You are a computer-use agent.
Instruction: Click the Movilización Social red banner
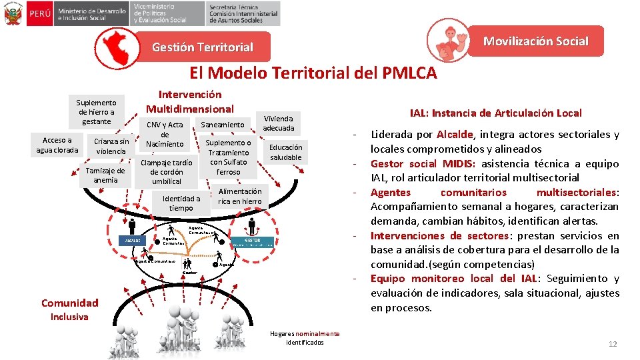pos(535,41)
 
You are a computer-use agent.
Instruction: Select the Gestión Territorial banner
pos(203,47)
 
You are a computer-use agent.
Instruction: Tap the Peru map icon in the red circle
pos(117,45)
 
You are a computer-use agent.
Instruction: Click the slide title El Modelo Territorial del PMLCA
pos(313,72)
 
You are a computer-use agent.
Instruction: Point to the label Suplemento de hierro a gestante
pos(97,112)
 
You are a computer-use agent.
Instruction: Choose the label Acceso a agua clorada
pos(57,145)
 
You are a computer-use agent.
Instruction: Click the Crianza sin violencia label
pos(111,146)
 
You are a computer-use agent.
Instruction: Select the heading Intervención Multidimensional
pos(190,102)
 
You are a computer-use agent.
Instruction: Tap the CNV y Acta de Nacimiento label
pos(165,135)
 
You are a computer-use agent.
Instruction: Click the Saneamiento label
pos(223,125)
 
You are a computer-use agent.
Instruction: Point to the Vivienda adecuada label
pos(278,123)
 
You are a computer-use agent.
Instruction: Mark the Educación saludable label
pos(285,152)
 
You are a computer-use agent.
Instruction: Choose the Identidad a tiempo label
pos(181,203)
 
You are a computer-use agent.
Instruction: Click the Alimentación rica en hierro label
pos(240,196)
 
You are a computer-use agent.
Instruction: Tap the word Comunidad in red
pos(69,303)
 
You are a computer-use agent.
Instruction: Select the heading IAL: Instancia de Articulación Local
pos(495,113)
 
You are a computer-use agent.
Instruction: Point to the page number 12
pos(613,344)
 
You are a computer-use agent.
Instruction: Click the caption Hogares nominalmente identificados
pos(304,338)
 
